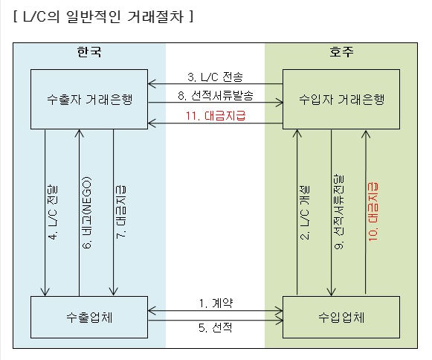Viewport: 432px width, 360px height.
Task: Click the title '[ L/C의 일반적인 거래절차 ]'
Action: pos(103,16)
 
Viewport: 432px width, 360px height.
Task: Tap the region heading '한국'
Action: pos(89,52)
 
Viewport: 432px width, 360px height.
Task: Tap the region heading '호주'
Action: pos(341,52)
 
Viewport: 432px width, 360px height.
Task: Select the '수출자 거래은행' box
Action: pos(89,99)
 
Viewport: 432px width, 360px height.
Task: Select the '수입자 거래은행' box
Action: pos(341,99)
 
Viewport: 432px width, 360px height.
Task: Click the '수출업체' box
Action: pos(89,318)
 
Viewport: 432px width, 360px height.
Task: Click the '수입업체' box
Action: pos(341,318)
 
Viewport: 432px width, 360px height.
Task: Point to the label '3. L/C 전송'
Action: pos(215,77)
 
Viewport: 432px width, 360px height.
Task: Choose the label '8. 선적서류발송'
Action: pos(215,96)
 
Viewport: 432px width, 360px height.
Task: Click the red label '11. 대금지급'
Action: pos(215,115)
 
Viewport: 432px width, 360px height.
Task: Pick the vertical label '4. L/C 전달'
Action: pos(53,212)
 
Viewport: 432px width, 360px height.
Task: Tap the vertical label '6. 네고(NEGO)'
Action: pos(87,213)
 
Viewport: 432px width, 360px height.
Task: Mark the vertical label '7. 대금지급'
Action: pos(121,212)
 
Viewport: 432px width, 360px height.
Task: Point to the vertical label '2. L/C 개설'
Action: pos(305,212)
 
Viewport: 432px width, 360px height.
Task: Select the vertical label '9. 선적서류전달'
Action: pos(339,212)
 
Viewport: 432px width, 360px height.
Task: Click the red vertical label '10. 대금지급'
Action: pos(373,212)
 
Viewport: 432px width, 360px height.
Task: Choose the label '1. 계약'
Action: pos(216,303)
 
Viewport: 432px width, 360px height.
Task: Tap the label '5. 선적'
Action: pos(215,328)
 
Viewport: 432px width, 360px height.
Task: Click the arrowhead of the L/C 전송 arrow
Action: pos(149,84)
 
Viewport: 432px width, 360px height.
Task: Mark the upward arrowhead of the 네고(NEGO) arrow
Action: pos(80,130)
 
